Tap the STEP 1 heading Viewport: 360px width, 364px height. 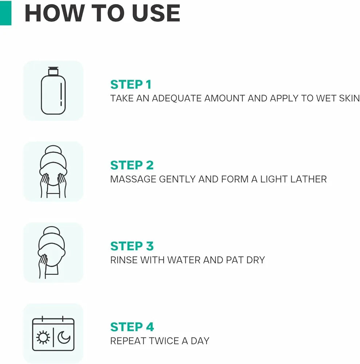click(131, 84)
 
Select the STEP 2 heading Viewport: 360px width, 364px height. click(132, 165)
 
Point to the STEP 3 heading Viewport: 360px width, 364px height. click(132, 246)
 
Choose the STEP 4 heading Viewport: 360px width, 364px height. click(132, 327)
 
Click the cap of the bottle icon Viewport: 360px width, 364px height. click(53, 71)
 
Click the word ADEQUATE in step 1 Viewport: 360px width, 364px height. click(177, 98)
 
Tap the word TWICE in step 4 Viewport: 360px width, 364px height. click(164, 341)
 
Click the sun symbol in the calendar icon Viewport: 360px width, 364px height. click(43, 337)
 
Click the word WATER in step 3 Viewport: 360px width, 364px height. click(183, 260)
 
